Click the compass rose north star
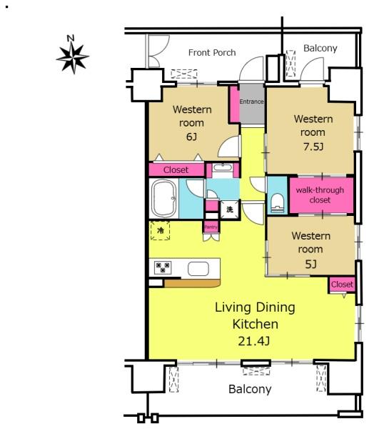pyautogui.click(x=73, y=57)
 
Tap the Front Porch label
pyautogui.click(x=212, y=52)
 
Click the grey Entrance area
pyautogui.click(x=252, y=104)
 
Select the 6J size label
pyautogui.click(x=191, y=137)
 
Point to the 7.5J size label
pyautogui.click(x=313, y=147)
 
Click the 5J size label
pyautogui.click(x=310, y=264)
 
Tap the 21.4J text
pyautogui.click(x=254, y=341)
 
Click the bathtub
pyautogui.click(x=164, y=198)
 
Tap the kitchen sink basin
pyautogui.click(x=198, y=268)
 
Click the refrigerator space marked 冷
pyautogui.click(x=161, y=230)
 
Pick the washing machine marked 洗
pyautogui.click(x=230, y=209)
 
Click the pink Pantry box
pyautogui.click(x=211, y=227)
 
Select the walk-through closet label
pyautogui.click(x=320, y=194)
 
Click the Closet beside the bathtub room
pyautogui.click(x=176, y=169)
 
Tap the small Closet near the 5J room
pyautogui.click(x=342, y=285)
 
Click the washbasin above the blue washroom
pyautogui.click(x=223, y=167)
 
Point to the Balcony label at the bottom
pyautogui.click(x=250, y=389)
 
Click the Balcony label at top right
pyautogui.click(x=320, y=48)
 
